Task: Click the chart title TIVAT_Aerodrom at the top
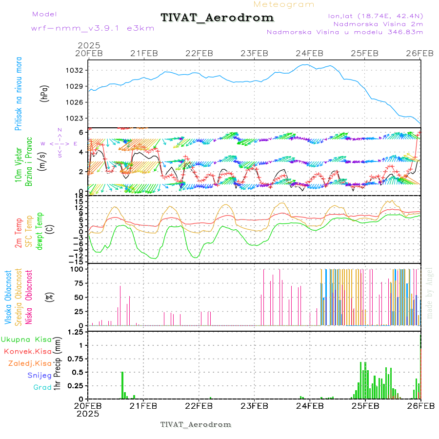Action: tap(217, 18)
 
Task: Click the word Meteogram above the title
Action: tap(284, 4)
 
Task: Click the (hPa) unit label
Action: tap(44, 93)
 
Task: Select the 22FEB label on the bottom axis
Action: tap(199, 405)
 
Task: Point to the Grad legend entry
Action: tap(42, 388)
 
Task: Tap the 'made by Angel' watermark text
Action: tap(430, 293)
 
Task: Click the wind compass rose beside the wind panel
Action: tap(60, 143)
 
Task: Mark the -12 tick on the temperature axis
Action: tap(76, 256)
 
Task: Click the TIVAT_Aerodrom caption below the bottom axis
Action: tap(196, 424)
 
